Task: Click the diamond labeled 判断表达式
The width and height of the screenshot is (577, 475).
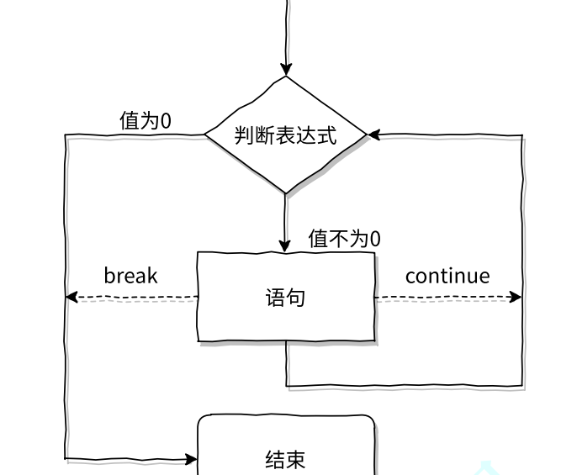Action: pyautogui.click(x=286, y=135)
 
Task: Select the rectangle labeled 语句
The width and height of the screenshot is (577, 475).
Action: pyautogui.click(x=286, y=297)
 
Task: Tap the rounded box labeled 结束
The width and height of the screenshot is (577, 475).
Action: pyautogui.click(x=286, y=446)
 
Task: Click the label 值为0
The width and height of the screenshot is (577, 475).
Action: pyautogui.click(x=146, y=121)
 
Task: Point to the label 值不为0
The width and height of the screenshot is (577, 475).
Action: pyautogui.click(x=344, y=239)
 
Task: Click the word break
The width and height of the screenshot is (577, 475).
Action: pyautogui.click(x=130, y=276)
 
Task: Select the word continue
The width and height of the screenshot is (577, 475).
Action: pyautogui.click(x=447, y=276)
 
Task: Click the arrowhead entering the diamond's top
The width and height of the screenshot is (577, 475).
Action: pyautogui.click(x=286, y=70)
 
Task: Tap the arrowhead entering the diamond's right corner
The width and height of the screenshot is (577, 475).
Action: pyautogui.click(x=374, y=135)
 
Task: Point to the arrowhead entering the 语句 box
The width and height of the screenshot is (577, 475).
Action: pyautogui.click(x=286, y=245)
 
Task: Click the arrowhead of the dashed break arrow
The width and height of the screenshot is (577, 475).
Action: pyautogui.click(x=71, y=297)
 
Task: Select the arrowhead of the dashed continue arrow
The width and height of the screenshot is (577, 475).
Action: pyautogui.click(x=516, y=297)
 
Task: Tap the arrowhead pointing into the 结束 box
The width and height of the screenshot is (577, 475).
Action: pyautogui.click(x=191, y=460)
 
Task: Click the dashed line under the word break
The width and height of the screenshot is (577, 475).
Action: pyautogui.click(x=135, y=297)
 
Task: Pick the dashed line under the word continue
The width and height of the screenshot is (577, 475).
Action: pyautogui.click(x=446, y=297)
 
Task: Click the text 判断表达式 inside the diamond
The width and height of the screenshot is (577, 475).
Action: pyautogui.click(x=286, y=135)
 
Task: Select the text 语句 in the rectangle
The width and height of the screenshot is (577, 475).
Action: pyautogui.click(x=286, y=298)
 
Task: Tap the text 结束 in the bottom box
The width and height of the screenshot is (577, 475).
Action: pyautogui.click(x=286, y=459)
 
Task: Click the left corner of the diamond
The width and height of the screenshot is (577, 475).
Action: pyautogui.click(x=207, y=135)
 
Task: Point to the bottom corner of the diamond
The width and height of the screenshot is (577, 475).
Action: pyautogui.click(x=286, y=193)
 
